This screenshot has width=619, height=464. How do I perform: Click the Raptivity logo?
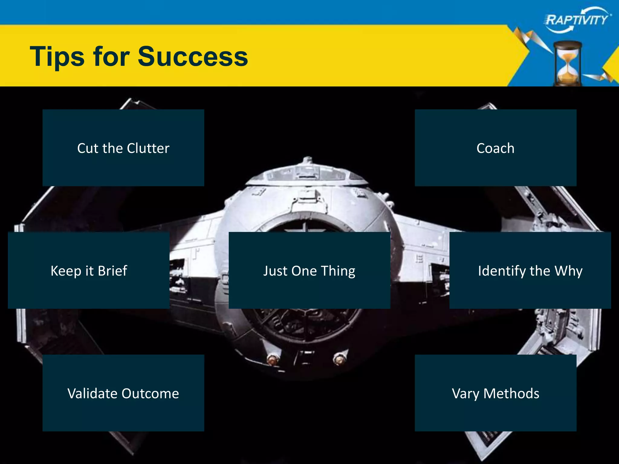point(577,20)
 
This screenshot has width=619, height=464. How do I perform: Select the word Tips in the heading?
point(57,56)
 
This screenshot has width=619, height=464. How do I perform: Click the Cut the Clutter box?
point(123,148)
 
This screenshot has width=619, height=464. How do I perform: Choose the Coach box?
point(495,148)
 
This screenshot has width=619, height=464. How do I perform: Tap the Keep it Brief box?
point(89,270)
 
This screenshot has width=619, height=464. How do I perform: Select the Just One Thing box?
point(309,270)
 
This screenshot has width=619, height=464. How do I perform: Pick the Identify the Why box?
point(530,270)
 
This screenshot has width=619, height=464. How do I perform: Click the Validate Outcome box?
point(123,393)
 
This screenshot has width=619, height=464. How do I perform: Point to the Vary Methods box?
point(495,393)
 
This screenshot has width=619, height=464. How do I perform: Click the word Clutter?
point(148,148)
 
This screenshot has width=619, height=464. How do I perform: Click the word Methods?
point(511,394)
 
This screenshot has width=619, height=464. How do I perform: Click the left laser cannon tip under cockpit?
point(272,360)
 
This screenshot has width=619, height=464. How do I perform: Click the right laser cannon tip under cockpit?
point(339,359)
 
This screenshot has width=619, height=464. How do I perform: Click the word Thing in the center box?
point(338,271)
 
